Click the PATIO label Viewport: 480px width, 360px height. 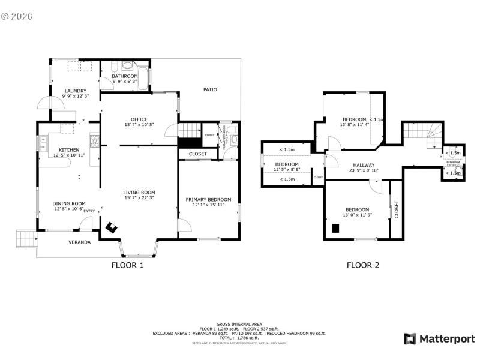(x=210, y=90)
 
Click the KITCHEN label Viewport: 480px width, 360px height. (x=69, y=150)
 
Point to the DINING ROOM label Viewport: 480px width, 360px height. (x=70, y=203)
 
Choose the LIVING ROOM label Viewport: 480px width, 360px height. (x=139, y=193)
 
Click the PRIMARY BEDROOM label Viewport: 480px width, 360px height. (x=208, y=200)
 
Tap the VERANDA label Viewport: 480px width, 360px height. (x=79, y=242)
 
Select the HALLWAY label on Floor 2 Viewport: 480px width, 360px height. (x=364, y=165)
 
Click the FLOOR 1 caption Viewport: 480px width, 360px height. (x=128, y=265)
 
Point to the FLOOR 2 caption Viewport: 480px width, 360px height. (x=363, y=265)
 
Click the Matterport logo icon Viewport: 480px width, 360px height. (x=410, y=339)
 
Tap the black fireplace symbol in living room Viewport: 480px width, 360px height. (x=112, y=227)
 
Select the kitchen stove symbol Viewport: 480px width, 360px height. (x=94, y=141)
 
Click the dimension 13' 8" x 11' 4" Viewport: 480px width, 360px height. (x=354, y=125)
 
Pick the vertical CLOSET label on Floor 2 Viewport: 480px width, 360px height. (x=396, y=209)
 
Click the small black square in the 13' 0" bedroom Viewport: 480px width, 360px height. (x=336, y=227)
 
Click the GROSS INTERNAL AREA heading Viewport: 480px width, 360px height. (x=239, y=324)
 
